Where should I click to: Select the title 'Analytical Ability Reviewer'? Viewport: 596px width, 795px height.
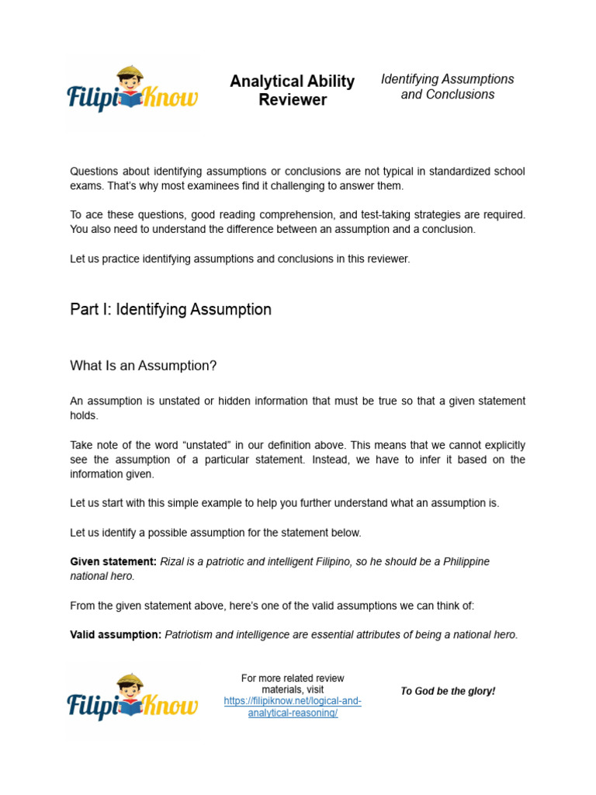coord(293,91)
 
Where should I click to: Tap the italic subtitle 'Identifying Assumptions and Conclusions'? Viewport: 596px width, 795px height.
coord(448,87)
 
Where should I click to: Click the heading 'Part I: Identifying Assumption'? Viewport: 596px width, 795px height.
coord(171,310)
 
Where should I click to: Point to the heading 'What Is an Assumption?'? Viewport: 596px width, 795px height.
coord(144,366)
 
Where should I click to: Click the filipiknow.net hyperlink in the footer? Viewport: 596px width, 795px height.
coord(293,707)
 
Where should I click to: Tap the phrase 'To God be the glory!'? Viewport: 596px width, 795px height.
coord(448,691)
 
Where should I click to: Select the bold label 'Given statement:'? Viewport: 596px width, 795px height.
coord(113,561)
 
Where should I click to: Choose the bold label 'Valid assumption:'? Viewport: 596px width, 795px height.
coord(116,634)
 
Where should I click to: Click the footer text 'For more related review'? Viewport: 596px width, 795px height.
coord(293,679)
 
